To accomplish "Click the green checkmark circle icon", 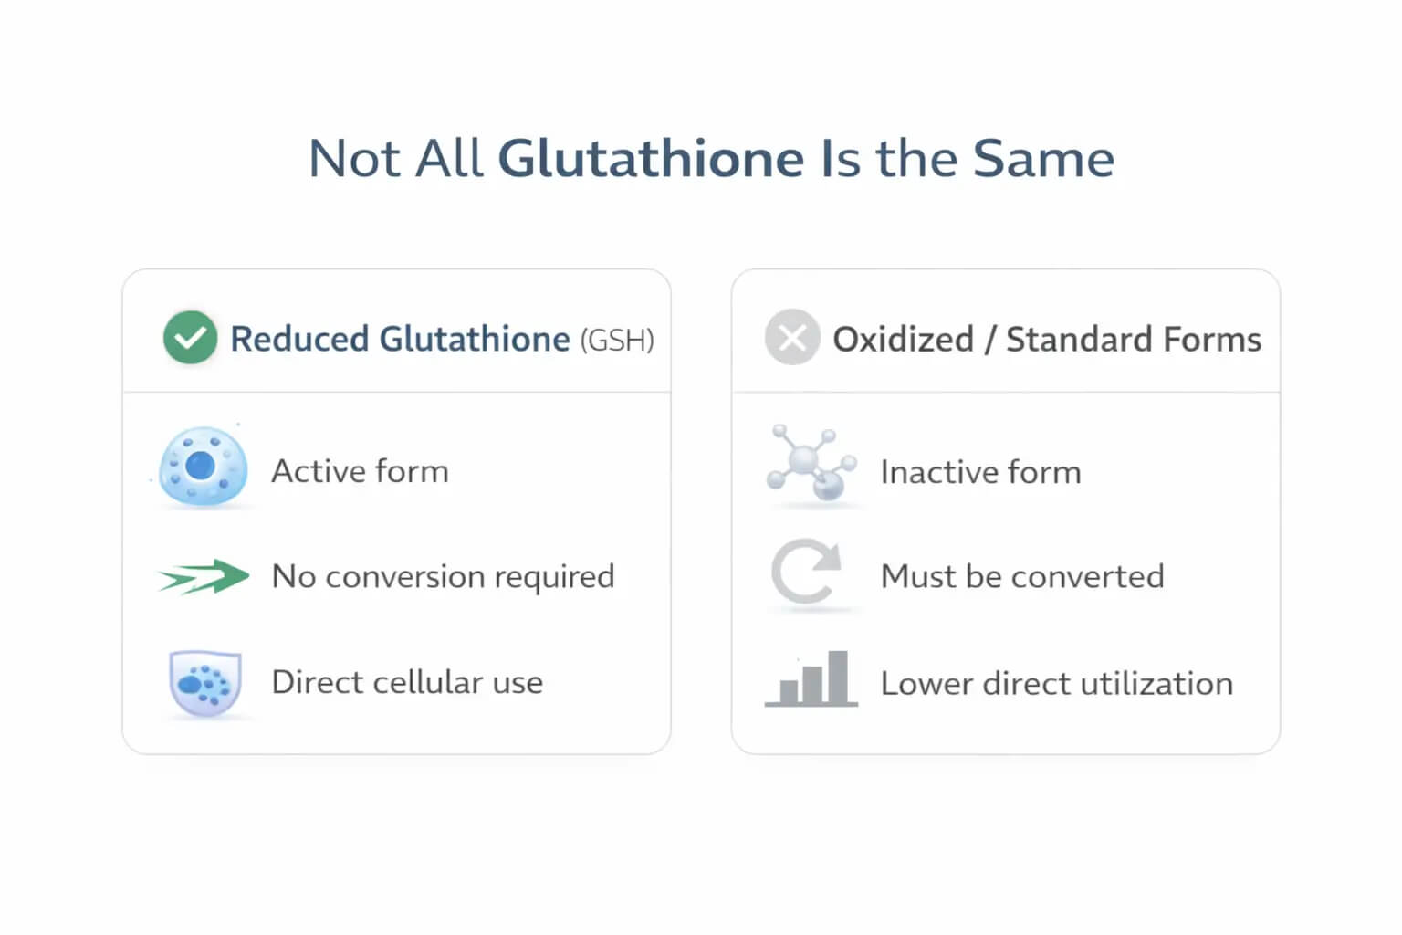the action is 190,338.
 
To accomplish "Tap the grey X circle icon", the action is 792,337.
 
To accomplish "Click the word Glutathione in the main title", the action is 651,159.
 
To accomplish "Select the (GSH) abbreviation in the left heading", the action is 617,340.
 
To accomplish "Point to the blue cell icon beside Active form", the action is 203,466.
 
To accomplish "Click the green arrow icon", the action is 204,576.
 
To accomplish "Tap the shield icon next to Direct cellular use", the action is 205,683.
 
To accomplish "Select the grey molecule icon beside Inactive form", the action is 811,463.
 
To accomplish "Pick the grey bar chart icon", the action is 811,678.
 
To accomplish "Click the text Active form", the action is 360,471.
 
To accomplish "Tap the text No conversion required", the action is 443,577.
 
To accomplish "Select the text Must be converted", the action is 1022,576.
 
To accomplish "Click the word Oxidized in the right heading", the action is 903,340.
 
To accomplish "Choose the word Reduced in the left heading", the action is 299,340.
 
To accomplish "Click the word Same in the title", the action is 1043,159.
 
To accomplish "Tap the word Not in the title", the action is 354,159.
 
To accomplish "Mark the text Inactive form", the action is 981,472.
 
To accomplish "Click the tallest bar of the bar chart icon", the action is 837,677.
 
